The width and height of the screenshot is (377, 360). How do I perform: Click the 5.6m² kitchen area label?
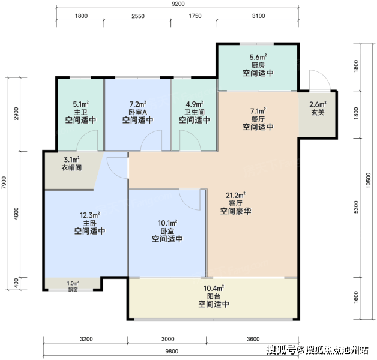click(x=258, y=57)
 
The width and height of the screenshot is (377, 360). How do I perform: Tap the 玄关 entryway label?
click(x=318, y=112)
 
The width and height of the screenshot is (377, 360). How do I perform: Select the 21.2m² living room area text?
click(x=235, y=195)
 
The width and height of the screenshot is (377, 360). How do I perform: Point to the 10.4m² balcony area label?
click(x=214, y=288)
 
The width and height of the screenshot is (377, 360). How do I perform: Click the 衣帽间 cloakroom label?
click(x=71, y=167)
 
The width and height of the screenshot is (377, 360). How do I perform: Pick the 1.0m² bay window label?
click(x=73, y=283)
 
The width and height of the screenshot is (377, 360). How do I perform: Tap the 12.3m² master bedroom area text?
click(x=89, y=215)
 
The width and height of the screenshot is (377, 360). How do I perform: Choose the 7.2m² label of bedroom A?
click(x=137, y=104)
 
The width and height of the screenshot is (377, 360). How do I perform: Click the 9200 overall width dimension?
click(x=178, y=4)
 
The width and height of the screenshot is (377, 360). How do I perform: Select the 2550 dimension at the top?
click(x=138, y=16)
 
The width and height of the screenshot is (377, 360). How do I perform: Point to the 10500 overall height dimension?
click(x=369, y=181)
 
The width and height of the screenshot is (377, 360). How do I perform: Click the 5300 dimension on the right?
click(x=356, y=207)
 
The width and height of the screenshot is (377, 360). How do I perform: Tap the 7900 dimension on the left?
click(x=4, y=182)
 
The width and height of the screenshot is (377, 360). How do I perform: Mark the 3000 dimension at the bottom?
click(x=167, y=339)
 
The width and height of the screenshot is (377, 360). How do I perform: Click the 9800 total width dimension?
click(x=172, y=352)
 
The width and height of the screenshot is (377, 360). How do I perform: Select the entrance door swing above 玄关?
click(x=320, y=80)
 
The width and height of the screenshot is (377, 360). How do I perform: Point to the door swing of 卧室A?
click(x=151, y=141)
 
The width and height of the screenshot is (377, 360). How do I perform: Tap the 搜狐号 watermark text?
click(x=282, y=350)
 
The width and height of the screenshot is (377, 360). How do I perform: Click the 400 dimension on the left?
click(x=16, y=283)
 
